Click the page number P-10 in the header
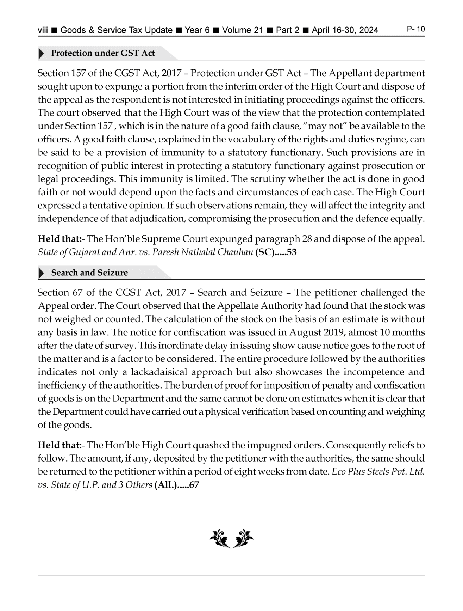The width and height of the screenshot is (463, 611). [x=416, y=29]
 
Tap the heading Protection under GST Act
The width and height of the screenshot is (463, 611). [x=103, y=53]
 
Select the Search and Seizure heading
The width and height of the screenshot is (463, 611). [x=89, y=273]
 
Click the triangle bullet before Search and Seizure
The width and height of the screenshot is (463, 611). [x=41, y=273]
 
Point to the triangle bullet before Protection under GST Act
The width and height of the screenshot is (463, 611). [x=41, y=54]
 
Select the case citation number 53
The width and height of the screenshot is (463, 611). [x=292, y=252]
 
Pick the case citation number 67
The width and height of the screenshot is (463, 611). [x=194, y=485]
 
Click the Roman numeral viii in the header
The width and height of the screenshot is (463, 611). [x=43, y=30]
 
